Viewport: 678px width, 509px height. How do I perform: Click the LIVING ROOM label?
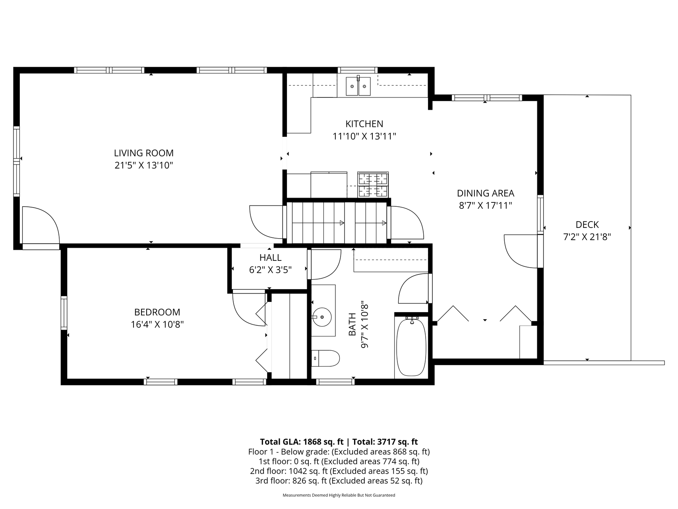click(x=144, y=153)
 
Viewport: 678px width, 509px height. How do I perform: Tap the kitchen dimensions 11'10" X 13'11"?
click(x=364, y=137)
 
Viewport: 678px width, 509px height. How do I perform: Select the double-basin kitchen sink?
click(x=358, y=86)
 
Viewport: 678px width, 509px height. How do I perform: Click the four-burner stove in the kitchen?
click(x=373, y=185)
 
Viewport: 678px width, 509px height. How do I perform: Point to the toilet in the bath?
click(x=325, y=358)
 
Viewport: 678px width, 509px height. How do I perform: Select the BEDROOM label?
click(x=157, y=312)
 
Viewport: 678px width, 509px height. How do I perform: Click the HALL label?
click(x=271, y=258)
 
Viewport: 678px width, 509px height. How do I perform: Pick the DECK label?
click(x=587, y=225)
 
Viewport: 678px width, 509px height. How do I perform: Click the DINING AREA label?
click(x=485, y=193)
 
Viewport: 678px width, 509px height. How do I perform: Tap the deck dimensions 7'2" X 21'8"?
click(x=587, y=237)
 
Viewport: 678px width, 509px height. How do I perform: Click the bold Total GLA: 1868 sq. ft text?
click(x=302, y=442)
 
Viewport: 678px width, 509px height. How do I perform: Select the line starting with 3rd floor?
click(x=339, y=481)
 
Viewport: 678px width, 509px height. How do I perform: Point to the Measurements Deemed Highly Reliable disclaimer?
click(x=339, y=495)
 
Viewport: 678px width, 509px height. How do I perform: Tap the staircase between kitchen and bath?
click(x=337, y=223)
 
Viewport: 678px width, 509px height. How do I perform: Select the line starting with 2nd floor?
click(x=339, y=471)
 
